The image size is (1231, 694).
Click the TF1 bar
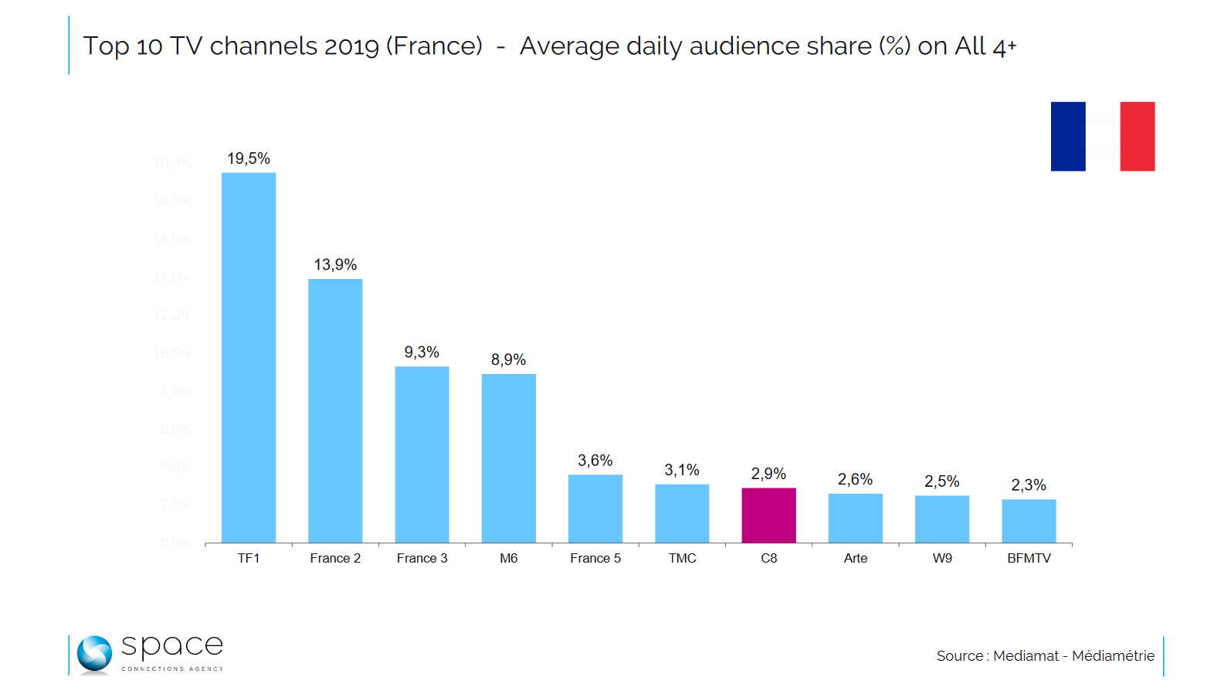point(249,357)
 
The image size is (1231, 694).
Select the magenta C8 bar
point(768,515)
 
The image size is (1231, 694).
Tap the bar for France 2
point(335,410)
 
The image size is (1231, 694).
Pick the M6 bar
point(509,458)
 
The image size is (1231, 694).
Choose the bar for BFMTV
point(1029,521)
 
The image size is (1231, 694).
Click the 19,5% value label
point(249,158)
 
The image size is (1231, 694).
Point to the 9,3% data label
point(422,352)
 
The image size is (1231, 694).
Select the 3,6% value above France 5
point(595,461)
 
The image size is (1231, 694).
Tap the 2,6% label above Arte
point(855,479)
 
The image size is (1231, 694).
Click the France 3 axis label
point(422,558)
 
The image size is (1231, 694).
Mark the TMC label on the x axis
point(682,558)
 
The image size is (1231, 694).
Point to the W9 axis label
point(942,558)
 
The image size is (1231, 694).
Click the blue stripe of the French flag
point(1068,136)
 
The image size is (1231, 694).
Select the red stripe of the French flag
point(1138,136)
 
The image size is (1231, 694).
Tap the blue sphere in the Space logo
point(94,654)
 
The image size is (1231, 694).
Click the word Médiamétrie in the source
point(1113,656)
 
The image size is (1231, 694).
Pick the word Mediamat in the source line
point(1026,656)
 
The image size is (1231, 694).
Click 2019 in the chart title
point(351,46)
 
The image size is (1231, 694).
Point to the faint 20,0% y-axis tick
point(171,163)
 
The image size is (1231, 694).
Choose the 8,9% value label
point(509,360)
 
